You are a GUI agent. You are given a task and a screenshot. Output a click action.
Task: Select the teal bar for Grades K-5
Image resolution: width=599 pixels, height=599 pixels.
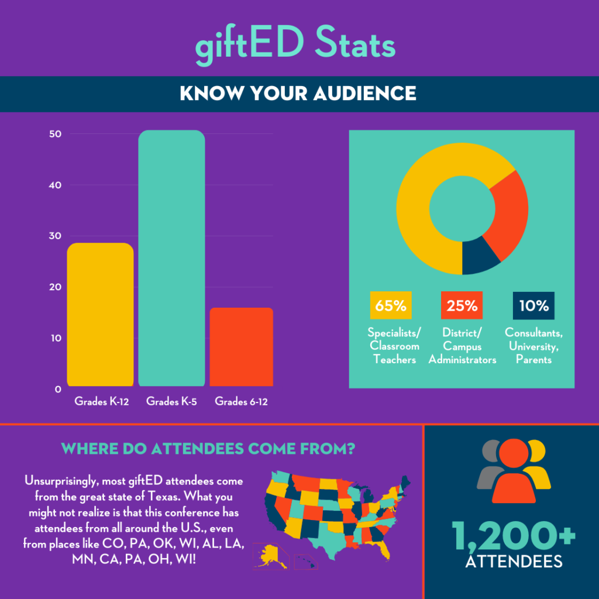[x=171, y=258]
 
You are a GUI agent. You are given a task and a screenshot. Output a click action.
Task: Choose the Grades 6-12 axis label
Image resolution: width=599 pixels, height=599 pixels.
[x=242, y=401]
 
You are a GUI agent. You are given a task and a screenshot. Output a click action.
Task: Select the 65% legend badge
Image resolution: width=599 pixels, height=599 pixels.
[x=391, y=305]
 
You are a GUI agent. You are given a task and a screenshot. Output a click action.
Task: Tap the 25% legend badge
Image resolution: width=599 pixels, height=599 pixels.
[x=462, y=305]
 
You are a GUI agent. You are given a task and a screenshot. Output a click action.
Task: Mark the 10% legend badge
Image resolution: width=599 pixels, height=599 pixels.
[x=533, y=305]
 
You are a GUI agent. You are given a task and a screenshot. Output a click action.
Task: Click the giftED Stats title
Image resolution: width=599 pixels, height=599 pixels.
[x=295, y=44]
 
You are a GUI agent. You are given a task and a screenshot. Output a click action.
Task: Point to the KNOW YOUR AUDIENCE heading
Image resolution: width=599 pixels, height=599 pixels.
[x=298, y=94]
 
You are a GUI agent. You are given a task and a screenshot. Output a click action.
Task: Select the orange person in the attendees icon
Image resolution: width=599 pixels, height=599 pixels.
[x=514, y=468]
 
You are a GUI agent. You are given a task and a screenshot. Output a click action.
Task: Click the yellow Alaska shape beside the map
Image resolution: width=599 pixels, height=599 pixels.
[x=268, y=555]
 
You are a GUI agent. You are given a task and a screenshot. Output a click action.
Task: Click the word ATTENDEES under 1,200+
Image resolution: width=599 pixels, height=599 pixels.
[x=514, y=562]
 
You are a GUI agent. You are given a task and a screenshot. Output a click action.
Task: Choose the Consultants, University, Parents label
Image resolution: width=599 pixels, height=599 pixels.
[x=533, y=346]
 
